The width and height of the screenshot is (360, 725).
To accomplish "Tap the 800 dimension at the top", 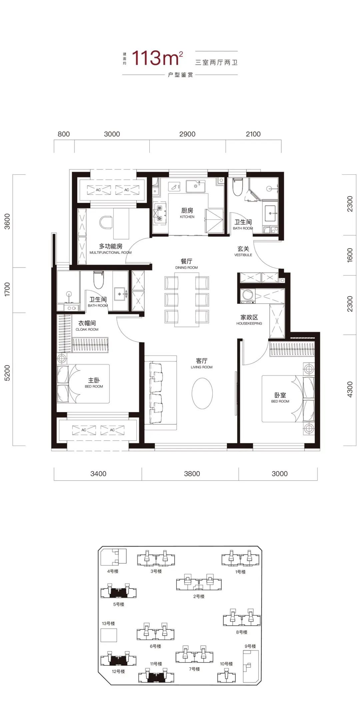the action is (64, 134).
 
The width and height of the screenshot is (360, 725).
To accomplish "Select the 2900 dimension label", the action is (187, 134).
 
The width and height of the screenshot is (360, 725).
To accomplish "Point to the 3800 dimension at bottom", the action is (192, 474).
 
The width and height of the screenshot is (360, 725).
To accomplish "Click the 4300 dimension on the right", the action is (350, 389).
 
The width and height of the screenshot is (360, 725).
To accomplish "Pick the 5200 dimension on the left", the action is (7, 373).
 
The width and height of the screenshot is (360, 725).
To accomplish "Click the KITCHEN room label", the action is (187, 217).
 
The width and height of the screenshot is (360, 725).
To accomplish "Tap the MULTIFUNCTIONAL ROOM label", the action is (110, 252).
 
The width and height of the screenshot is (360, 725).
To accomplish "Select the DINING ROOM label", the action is (186, 267).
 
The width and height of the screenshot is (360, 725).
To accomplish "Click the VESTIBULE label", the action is (243, 255).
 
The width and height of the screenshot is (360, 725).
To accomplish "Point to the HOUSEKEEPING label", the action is (249, 323).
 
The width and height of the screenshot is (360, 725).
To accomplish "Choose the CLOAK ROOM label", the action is (87, 329).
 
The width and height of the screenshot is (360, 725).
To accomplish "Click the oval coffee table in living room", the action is (202, 393).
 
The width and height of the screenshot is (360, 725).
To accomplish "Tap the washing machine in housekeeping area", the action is (248, 295).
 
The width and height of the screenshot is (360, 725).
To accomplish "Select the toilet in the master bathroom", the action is (98, 280).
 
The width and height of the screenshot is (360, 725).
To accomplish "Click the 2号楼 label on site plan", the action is (199, 596).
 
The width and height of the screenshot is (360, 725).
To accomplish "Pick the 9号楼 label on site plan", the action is (250, 646).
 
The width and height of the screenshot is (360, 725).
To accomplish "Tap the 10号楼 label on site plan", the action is (226, 664).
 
